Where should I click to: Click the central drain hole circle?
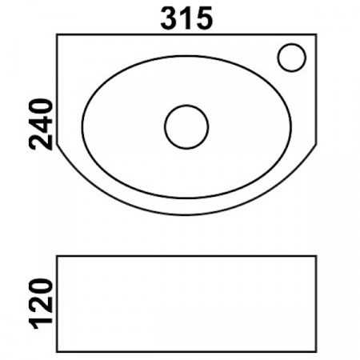(186, 126)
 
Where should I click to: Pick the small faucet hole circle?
(292, 57)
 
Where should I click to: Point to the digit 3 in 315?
(170, 18)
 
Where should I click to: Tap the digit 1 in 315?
(186, 18)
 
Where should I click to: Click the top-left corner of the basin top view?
(58, 35)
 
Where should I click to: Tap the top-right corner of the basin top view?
(317, 35)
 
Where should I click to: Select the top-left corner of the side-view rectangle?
(58, 255)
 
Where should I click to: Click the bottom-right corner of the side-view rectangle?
(317, 351)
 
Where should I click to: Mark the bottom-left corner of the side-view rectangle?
(58, 351)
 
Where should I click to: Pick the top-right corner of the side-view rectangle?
(317, 255)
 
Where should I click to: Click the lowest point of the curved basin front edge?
(187, 214)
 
